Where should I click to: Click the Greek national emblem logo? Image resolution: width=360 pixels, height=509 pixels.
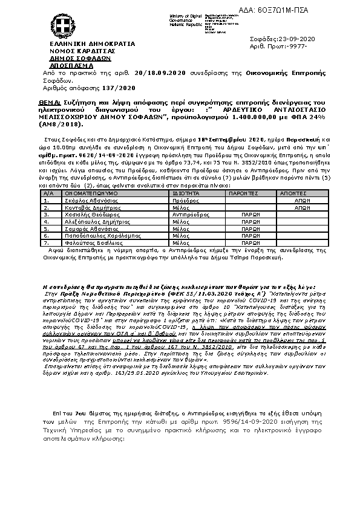62,27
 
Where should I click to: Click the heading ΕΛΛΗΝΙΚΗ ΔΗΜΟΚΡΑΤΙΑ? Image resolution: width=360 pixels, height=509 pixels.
84,45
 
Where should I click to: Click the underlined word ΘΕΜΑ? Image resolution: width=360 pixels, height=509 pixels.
47,104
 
